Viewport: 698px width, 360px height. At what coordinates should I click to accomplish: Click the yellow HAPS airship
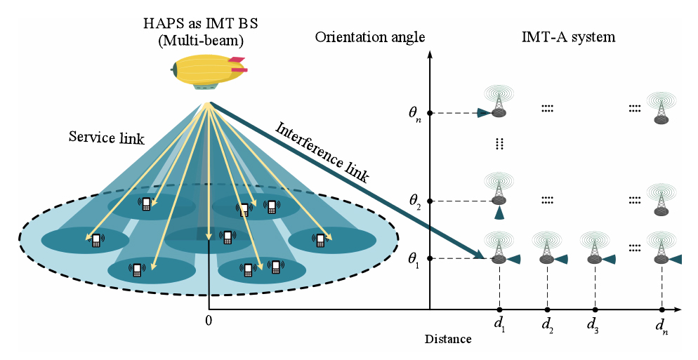(207, 72)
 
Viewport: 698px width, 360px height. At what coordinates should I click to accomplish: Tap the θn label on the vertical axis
(414, 113)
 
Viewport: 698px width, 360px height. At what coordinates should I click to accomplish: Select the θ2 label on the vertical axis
(414, 201)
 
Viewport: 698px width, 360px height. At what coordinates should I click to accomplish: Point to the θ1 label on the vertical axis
(414, 259)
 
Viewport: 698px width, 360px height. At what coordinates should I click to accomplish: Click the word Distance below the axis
(448, 340)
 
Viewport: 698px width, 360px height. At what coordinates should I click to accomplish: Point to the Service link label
(106, 138)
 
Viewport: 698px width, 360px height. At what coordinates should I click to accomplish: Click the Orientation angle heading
(370, 37)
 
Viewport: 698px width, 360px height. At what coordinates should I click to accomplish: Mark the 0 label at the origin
(209, 321)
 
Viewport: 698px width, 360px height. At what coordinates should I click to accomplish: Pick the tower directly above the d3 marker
(594, 249)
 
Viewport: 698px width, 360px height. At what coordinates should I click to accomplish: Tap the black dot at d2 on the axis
(547, 309)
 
